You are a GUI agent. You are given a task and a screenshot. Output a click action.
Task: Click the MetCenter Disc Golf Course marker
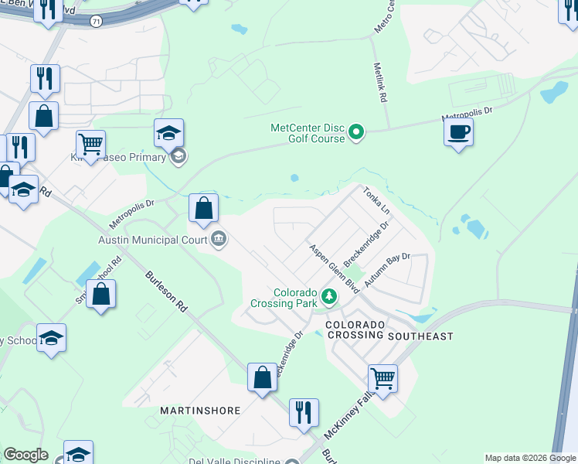(x=356, y=133)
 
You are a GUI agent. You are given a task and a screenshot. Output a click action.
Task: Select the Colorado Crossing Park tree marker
(x=330, y=296)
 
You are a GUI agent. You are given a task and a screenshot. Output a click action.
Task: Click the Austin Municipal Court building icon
(x=219, y=239)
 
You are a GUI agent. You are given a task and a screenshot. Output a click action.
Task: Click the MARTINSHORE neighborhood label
(x=201, y=410)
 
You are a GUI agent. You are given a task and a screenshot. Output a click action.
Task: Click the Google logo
(x=25, y=455)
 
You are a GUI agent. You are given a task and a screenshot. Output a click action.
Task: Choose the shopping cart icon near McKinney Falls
(x=382, y=379)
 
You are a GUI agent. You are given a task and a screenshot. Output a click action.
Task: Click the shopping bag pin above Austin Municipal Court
(x=204, y=208)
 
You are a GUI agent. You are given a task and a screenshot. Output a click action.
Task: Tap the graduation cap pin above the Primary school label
(x=168, y=134)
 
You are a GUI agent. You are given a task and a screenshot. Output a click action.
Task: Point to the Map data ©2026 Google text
(x=530, y=458)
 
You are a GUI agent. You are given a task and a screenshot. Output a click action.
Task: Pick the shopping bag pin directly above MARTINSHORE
(x=262, y=377)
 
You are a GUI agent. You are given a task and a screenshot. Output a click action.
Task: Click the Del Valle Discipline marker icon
(x=291, y=463)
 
